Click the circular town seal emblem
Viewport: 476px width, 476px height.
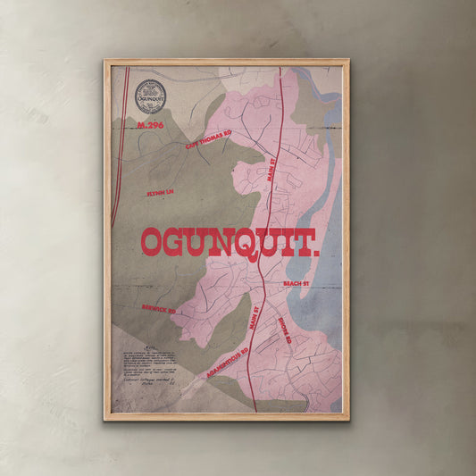tap(148, 95)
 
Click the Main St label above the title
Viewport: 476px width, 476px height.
tap(272, 169)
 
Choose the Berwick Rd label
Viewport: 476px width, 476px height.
tap(158, 308)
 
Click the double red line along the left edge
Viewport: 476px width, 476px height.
tap(117, 152)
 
